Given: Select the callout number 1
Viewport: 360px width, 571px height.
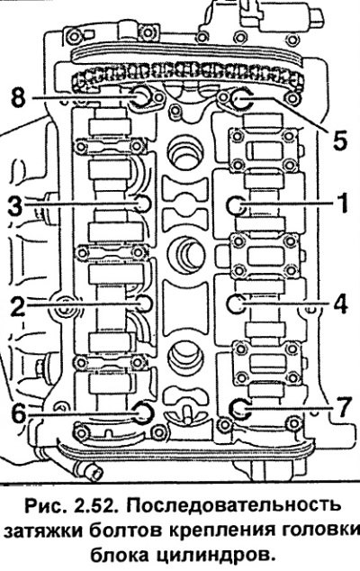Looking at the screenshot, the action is click(341, 203).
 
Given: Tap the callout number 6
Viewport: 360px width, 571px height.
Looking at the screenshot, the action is click(19, 412).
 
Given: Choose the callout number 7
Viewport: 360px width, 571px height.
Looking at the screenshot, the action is click(343, 407).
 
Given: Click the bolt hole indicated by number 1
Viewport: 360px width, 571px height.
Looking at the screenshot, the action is click(236, 205).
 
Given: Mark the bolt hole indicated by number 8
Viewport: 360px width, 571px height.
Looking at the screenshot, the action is click(140, 97).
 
